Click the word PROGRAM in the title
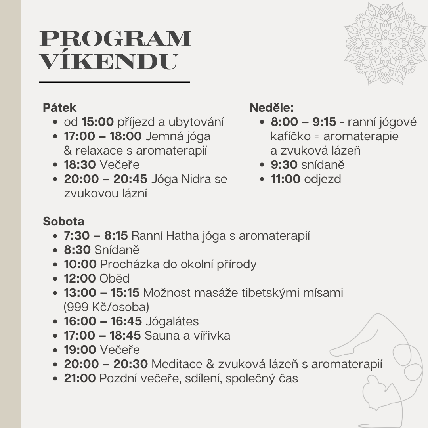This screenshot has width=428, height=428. [115, 38]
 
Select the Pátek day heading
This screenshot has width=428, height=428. [59, 108]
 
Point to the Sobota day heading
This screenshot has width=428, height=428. [64, 221]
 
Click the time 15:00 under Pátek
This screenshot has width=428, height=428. [98, 122]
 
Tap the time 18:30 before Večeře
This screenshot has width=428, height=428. [80, 165]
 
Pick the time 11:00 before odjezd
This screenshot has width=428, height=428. [286, 179]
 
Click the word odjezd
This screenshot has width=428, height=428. [323, 179]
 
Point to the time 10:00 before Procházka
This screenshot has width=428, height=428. [80, 264]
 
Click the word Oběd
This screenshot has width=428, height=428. [115, 279]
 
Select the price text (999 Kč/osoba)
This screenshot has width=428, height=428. [106, 307]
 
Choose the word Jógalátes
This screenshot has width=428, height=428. [172, 321]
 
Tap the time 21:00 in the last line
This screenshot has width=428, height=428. [80, 378]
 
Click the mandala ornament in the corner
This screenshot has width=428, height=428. [385, 43]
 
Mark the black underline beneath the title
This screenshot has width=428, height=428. [115, 82]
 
